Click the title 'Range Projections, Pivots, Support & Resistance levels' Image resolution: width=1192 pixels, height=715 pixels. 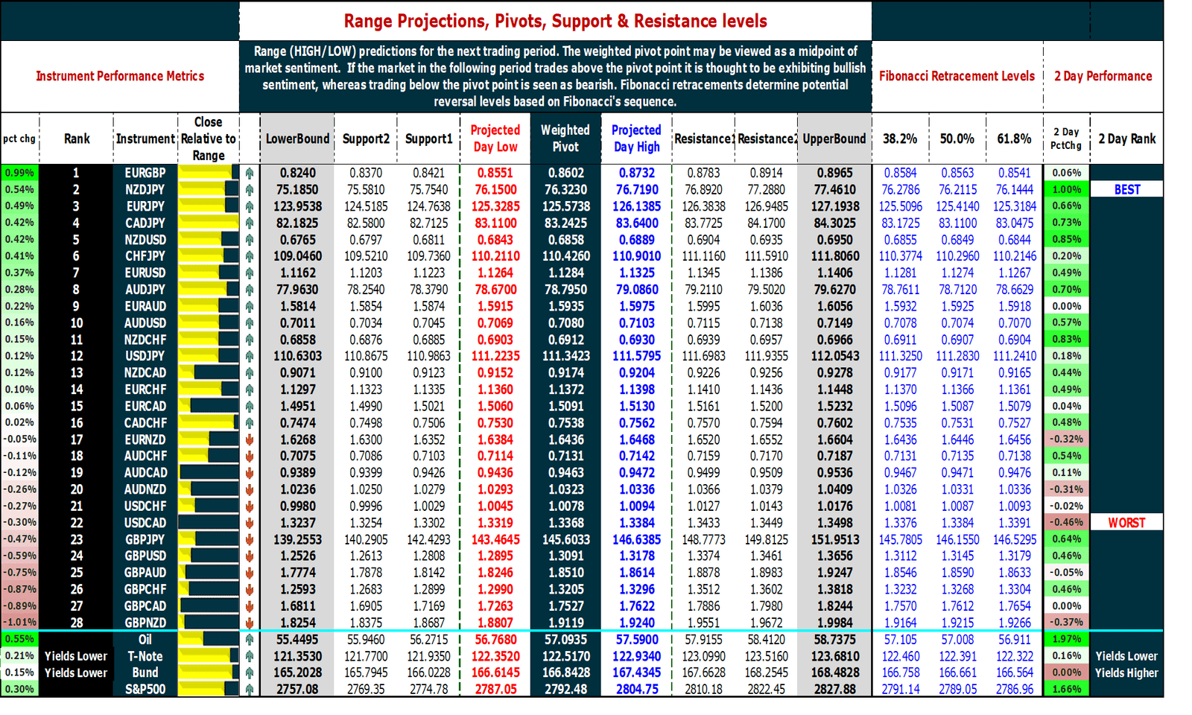(555, 21)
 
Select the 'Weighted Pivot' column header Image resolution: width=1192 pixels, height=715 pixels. (565, 139)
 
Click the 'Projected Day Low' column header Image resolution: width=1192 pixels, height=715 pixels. (495, 139)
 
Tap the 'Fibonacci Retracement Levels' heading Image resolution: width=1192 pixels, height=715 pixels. (957, 76)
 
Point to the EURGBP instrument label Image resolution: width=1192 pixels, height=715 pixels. (145, 173)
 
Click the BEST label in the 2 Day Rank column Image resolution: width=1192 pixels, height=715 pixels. (1126, 190)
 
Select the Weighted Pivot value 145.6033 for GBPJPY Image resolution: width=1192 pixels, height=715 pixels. (565, 539)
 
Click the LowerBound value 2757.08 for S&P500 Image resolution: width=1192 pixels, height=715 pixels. (297, 690)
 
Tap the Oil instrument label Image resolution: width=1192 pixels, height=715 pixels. (145, 640)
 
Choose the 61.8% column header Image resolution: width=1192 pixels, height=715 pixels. (1014, 139)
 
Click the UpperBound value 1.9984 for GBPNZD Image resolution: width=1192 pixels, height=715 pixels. (834, 623)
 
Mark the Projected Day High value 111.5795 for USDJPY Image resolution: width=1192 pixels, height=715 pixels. (636, 356)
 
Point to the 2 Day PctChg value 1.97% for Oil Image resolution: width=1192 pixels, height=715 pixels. (1066, 639)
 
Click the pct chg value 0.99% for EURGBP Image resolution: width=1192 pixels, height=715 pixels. (19, 173)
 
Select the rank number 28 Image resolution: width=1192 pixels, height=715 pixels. (77, 623)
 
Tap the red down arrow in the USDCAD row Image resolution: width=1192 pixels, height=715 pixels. (250, 523)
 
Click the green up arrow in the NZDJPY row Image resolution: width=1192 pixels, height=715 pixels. (250, 190)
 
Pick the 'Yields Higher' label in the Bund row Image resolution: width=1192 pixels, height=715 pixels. (1126, 673)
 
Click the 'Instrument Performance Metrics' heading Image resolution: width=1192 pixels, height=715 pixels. (120, 76)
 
